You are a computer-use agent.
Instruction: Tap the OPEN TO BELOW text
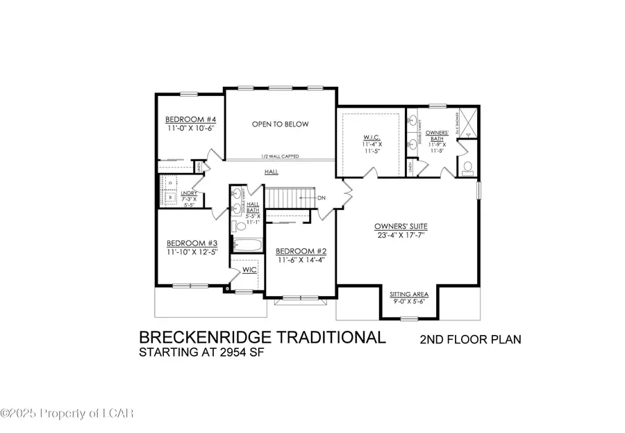click(280, 124)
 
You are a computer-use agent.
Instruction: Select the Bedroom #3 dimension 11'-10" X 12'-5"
click(192, 252)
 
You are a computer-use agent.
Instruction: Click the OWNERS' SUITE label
click(400, 227)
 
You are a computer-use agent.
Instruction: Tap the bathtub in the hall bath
click(247, 245)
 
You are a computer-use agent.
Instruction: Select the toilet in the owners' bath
click(467, 167)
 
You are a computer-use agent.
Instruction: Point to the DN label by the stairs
click(321, 198)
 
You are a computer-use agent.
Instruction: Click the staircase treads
click(285, 198)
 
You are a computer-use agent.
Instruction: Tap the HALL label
click(271, 172)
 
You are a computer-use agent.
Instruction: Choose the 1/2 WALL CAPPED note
click(280, 156)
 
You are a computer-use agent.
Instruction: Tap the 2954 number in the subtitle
click(235, 352)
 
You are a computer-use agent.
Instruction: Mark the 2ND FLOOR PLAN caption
click(470, 340)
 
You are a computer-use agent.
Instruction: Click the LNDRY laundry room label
click(189, 193)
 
